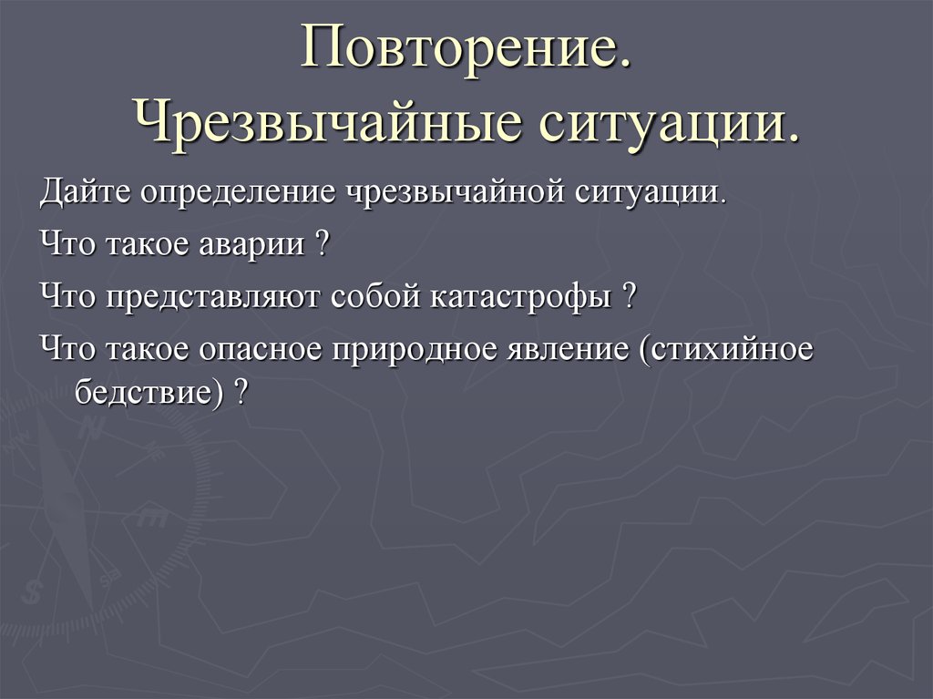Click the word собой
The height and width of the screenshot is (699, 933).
coord(373,297)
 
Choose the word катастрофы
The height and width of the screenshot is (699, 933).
coord(517,298)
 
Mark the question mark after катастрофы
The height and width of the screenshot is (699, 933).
coord(628,297)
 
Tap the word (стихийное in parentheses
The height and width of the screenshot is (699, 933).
coord(723,350)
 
